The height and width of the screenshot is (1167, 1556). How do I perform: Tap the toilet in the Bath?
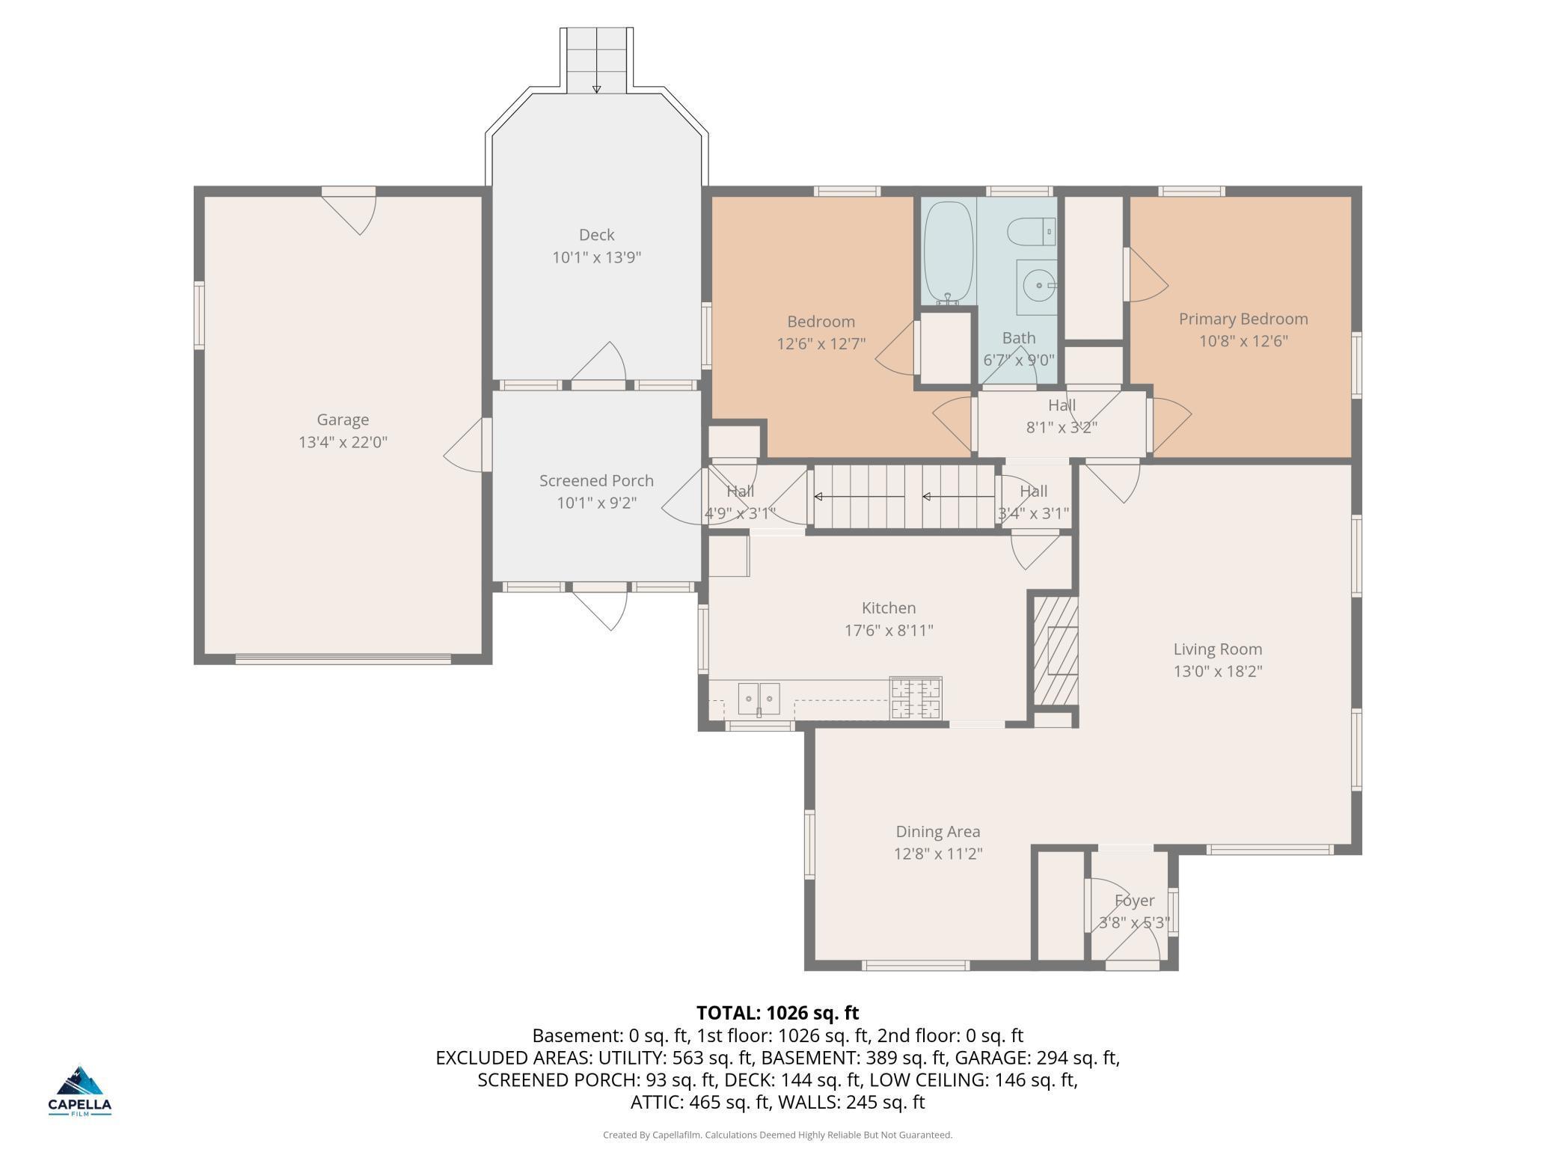(x=1031, y=232)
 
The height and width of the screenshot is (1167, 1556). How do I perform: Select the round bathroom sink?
(x=1038, y=286)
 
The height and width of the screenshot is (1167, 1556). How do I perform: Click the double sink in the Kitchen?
(x=759, y=699)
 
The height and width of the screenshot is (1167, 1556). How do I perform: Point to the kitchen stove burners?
(x=916, y=698)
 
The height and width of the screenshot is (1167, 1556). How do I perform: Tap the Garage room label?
(x=343, y=420)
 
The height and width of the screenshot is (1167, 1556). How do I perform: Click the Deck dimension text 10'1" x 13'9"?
(x=596, y=258)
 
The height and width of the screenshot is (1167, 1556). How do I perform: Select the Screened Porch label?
(x=596, y=480)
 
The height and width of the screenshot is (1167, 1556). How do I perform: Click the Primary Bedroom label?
(x=1243, y=319)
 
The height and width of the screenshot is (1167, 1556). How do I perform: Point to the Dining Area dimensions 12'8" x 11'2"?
(x=937, y=854)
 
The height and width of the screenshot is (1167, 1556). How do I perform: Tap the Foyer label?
(x=1134, y=901)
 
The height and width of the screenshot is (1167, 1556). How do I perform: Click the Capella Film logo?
(x=80, y=1091)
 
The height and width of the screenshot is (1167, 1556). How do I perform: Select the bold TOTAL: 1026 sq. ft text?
(x=777, y=1013)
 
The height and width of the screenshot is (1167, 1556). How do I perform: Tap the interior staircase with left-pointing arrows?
(x=904, y=496)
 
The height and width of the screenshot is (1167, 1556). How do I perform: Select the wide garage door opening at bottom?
(x=343, y=659)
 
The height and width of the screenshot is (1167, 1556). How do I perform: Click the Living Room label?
(x=1217, y=649)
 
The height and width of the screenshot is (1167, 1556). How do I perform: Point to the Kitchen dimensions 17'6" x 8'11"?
(x=888, y=631)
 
